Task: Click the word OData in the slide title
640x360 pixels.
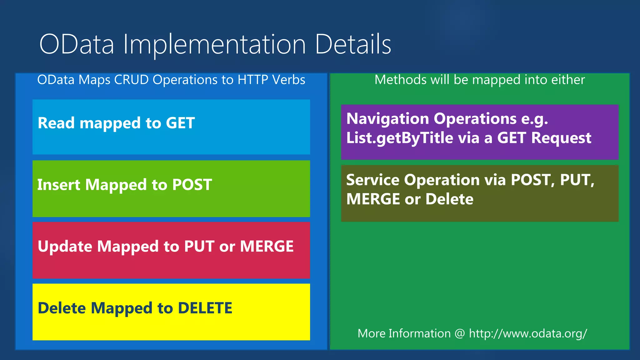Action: [77, 44]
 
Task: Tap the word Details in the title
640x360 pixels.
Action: [353, 44]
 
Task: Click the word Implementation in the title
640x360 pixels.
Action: [214, 44]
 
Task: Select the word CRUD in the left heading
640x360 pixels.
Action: [131, 80]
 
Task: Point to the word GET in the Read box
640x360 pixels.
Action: [180, 123]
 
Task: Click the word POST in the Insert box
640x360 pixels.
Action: [192, 184]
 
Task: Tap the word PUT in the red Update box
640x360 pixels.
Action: [199, 246]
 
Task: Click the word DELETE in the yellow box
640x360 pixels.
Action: [205, 308]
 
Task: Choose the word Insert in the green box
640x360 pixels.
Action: [59, 184]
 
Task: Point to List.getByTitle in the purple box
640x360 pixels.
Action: [399, 138]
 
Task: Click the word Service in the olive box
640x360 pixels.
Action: [373, 180]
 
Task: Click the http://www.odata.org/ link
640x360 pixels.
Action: [528, 333]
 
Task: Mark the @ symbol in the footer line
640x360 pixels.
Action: [460, 333]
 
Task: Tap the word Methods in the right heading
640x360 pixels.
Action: [401, 80]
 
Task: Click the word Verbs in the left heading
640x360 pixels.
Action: [288, 80]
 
